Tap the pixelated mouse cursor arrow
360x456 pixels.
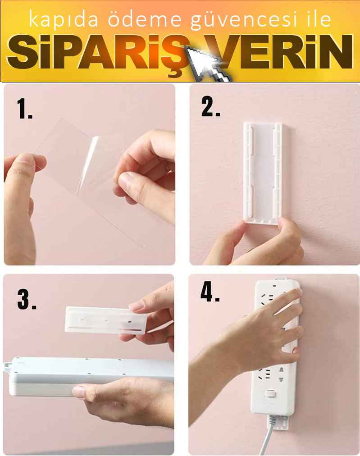(208, 64)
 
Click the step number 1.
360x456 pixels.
(24, 108)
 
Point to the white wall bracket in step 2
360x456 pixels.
(263, 173)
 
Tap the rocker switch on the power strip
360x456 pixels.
(270, 395)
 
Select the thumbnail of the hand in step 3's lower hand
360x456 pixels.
(79, 392)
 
